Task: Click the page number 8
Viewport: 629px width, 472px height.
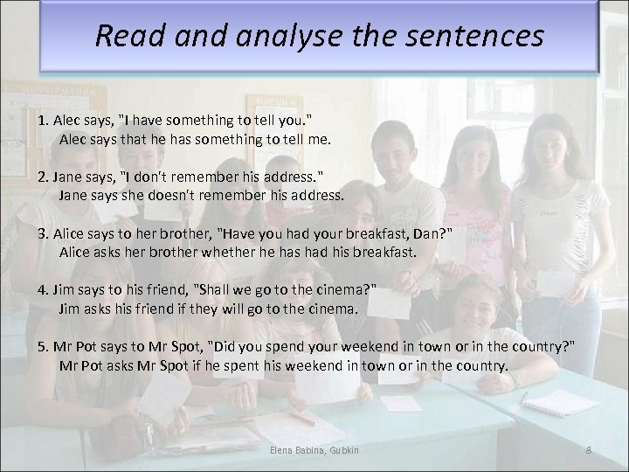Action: (589, 449)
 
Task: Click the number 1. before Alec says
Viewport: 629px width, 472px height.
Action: (43, 119)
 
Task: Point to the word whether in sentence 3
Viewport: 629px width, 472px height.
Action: (238, 252)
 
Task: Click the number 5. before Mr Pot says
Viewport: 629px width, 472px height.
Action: (43, 348)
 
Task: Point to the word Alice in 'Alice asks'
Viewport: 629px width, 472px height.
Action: (77, 252)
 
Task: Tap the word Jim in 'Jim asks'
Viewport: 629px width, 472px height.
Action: (69, 309)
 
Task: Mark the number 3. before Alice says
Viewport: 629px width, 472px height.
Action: (43, 234)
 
